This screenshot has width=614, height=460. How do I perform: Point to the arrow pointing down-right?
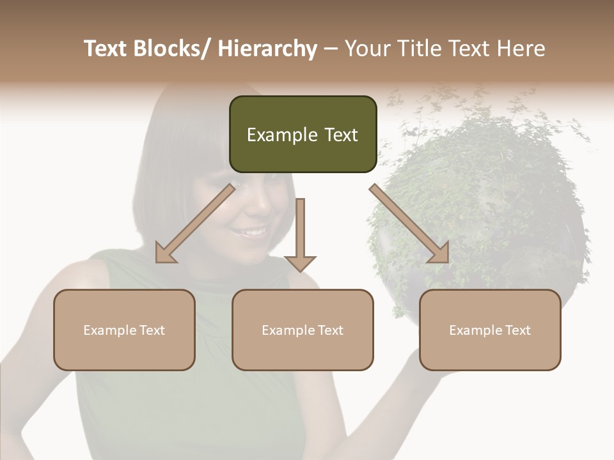pos(409,224)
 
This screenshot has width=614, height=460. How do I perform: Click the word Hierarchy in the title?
pos(267,49)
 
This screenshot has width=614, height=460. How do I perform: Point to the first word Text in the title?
pos(105,49)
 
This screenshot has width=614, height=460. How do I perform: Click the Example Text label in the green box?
pos(303,135)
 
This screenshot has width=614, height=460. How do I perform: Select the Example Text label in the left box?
pos(124,330)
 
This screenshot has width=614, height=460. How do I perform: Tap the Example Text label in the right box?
pos(490,330)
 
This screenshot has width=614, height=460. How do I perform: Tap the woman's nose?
pos(256,208)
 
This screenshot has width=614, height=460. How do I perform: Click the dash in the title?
pos(331,49)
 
